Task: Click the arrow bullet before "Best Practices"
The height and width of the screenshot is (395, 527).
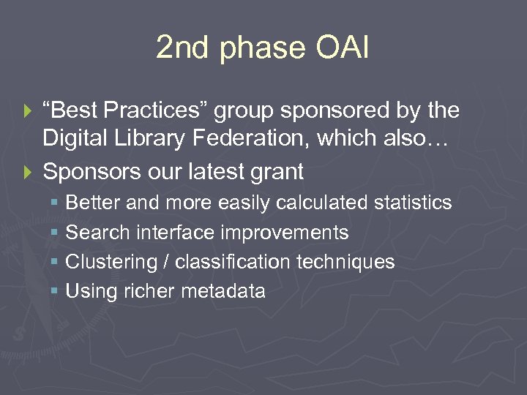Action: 29,112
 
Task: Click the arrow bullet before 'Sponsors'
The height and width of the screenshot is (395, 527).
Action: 29,173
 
